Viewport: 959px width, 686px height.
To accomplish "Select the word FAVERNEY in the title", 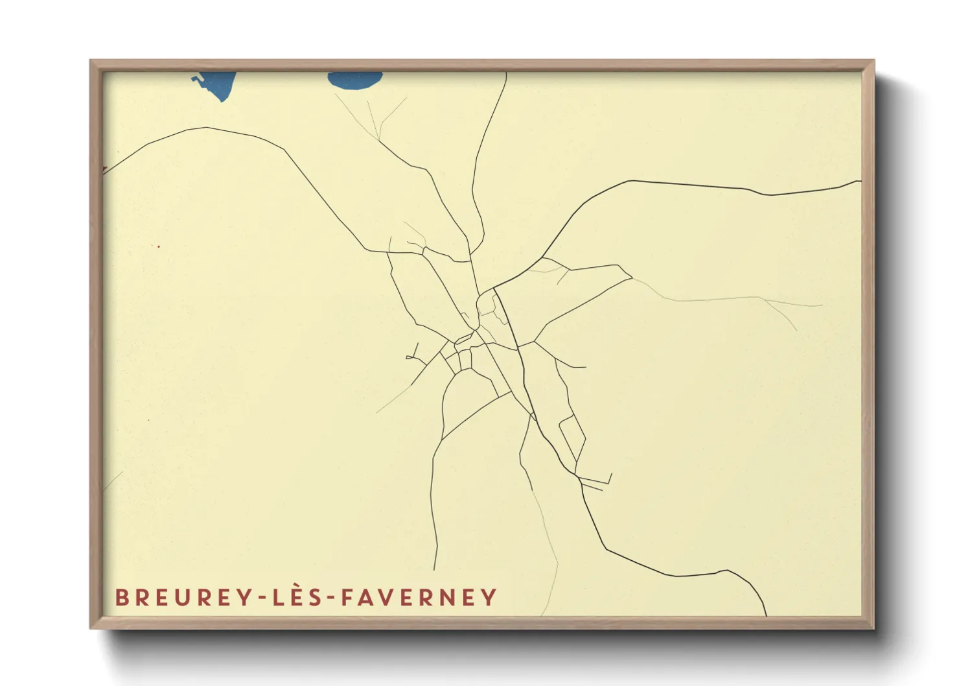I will pyautogui.click(x=419, y=597).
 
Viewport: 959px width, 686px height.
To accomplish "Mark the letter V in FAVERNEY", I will pyautogui.click(x=388, y=597).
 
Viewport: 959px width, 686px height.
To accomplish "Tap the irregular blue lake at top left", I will pyautogui.click(x=217, y=84).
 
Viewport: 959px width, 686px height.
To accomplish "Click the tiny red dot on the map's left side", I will pyautogui.click(x=158, y=246).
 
